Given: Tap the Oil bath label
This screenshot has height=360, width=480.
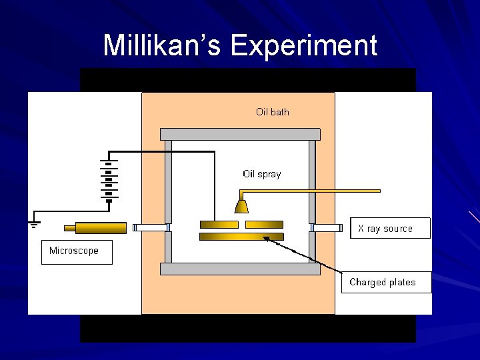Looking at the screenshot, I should click(273, 112).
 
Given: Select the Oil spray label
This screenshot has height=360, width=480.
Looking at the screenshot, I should click(261, 174).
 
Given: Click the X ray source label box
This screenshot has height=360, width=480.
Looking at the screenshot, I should click(390, 229).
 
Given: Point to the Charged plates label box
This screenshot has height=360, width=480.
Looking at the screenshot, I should click(387, 282).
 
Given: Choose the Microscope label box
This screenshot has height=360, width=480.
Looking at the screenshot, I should click(77, 251).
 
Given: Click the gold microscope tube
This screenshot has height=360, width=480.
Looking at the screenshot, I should click(101, 228).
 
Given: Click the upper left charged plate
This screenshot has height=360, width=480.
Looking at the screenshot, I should click(219, 225).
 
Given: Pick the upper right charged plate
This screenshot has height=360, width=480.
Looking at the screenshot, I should click(264, 225).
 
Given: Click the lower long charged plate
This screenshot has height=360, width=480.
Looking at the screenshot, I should click(241, 237).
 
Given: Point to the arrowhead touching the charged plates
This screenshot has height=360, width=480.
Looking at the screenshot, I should click(267, 239).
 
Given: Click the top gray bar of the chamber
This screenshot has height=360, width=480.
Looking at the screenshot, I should click(240, 134).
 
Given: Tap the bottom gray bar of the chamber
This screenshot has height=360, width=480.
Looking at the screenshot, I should click(240, 269).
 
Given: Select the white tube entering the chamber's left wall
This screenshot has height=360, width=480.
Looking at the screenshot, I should click(151, 228).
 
